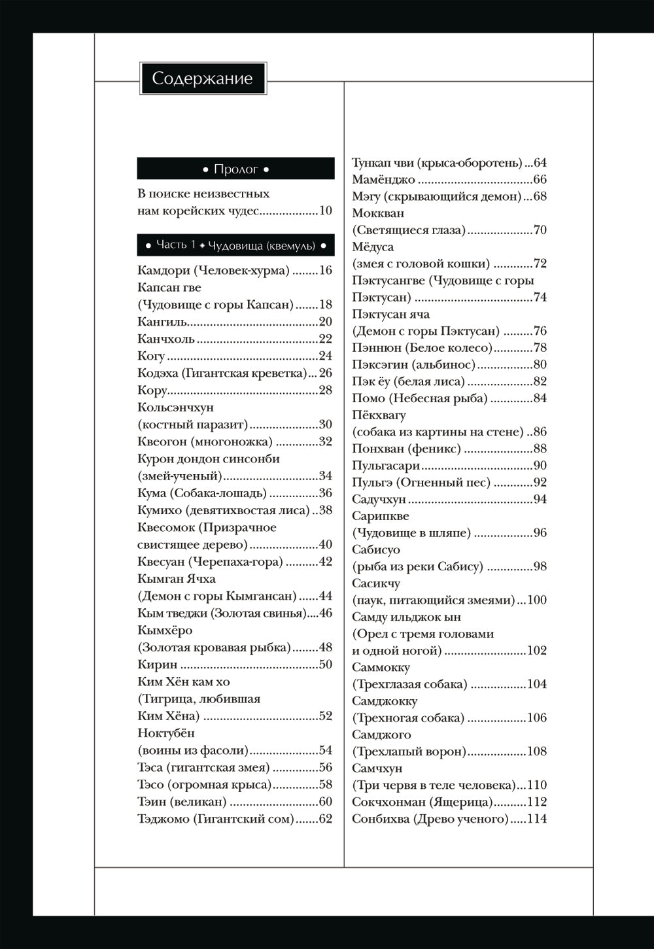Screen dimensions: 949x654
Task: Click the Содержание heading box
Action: click(x=203, y=78)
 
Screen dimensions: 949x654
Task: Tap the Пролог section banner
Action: click(x=235, y=169)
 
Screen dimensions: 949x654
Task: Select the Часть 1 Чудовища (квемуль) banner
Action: click(x=235, y=245)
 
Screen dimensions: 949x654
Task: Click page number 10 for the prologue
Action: click(x=326, y=211)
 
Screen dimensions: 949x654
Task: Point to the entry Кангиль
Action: click(x=163, y=322)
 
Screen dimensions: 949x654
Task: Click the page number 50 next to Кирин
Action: click(x=326, y=664)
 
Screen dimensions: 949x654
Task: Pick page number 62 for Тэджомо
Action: click(x=326, y=819)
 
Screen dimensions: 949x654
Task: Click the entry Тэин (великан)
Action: click(x=182, y=802)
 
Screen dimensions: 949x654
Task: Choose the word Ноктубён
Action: click(x=166, y=733)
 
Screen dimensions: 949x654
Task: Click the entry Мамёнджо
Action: click(x=383, y=180)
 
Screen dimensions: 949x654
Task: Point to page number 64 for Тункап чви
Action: click(x=540, y=163)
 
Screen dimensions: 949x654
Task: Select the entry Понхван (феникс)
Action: click(x=406, y=449)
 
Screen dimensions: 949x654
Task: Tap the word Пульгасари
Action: click(x=386, y=466)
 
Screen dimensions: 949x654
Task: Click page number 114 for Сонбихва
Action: click(x=537, y=819)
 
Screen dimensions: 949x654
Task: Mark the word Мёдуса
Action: click(x=373, y=247)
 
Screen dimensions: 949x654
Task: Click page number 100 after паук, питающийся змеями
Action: click(x=537, y=600)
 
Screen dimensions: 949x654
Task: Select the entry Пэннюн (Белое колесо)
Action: click(x=422, y=348)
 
